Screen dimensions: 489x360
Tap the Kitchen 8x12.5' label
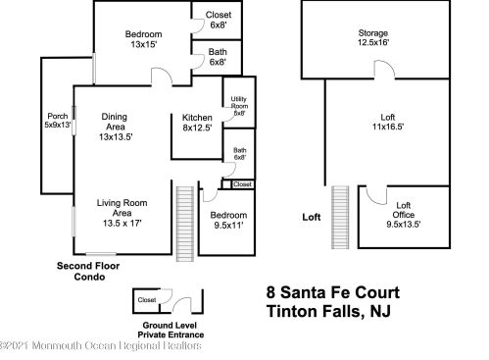197,123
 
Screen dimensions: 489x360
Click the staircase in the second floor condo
185,224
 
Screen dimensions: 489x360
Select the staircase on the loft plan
340,218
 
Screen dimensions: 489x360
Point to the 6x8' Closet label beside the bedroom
219,20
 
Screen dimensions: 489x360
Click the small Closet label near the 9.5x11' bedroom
242,184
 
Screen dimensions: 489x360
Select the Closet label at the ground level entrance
147,300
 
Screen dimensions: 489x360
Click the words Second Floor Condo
88,272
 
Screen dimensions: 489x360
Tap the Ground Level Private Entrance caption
171,331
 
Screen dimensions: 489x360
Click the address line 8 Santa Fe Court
333,292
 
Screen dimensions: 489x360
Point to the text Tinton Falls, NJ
328,311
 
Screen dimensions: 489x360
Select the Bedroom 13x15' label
144,39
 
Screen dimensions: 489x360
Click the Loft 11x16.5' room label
388,122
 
